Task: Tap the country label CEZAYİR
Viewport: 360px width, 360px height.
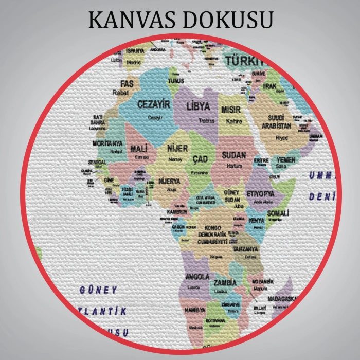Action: [153, 104]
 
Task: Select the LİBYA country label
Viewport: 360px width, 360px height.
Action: [199, 107]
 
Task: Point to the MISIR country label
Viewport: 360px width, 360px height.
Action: [231, 110]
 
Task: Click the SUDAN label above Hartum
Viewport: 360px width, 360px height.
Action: [234, 155]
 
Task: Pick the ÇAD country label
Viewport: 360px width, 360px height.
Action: [200, 159]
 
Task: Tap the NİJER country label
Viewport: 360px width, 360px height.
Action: [178, 149]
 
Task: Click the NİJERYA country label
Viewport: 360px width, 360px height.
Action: [169, 182]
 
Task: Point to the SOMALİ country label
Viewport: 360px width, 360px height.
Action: [277, 212]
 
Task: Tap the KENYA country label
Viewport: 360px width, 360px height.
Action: [256, 221]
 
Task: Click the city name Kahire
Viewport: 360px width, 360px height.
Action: [233, 121]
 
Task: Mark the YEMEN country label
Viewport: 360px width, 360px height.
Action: [286, 160]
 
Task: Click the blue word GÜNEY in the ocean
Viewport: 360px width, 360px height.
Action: [98, 291]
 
